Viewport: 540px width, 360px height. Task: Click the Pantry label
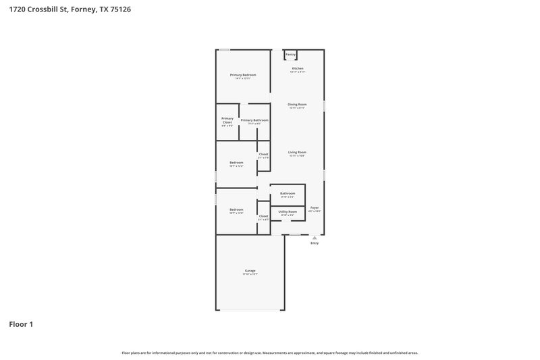[290, 55]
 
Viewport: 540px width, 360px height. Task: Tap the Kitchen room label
[297, 69]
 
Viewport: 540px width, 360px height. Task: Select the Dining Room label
[297, 104]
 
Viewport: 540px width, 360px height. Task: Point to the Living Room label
[297, 152]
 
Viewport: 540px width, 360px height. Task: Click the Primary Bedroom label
[243, 74]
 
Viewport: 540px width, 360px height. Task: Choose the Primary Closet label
[227, 120]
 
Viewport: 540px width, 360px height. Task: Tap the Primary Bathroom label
[254, 120]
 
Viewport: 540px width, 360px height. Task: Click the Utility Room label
[288, 211]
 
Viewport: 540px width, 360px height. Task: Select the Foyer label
[315, 207]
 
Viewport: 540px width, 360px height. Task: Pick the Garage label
[250, 270]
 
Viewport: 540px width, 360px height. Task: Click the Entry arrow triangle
[314, 238]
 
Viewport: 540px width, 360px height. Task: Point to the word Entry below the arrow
[315, 243]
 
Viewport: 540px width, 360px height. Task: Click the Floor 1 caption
[21, 324]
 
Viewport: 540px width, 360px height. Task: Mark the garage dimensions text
[250, 274]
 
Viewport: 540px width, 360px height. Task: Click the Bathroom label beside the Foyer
[288, 193]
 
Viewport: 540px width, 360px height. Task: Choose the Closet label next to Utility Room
[263, 216]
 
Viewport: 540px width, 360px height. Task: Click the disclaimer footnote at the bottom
[270, 353]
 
